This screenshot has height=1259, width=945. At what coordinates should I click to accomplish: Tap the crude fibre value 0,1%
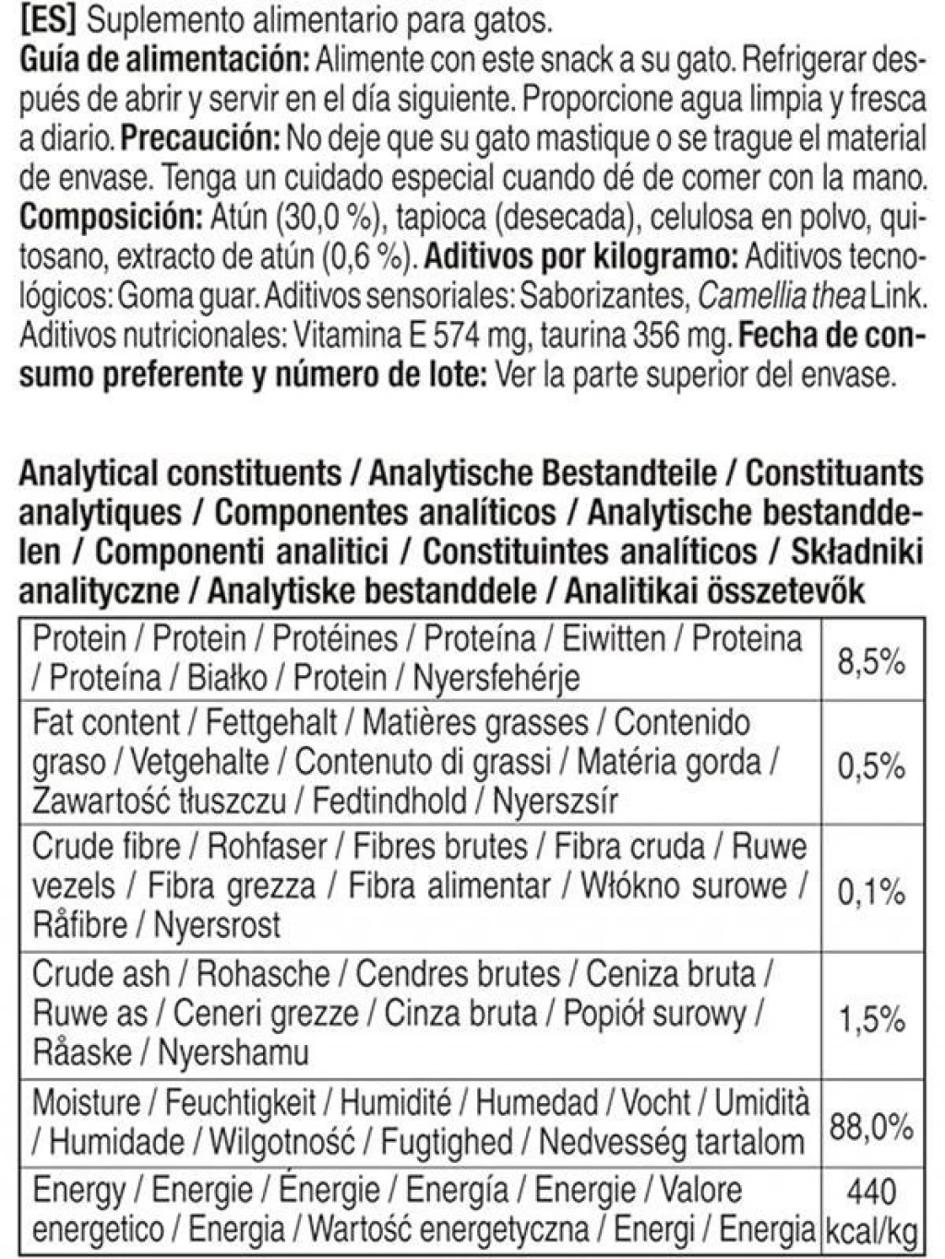point(871,891)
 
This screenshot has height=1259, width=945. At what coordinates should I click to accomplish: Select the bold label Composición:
point(110,218)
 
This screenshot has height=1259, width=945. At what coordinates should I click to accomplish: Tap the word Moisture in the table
point(86,1102)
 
